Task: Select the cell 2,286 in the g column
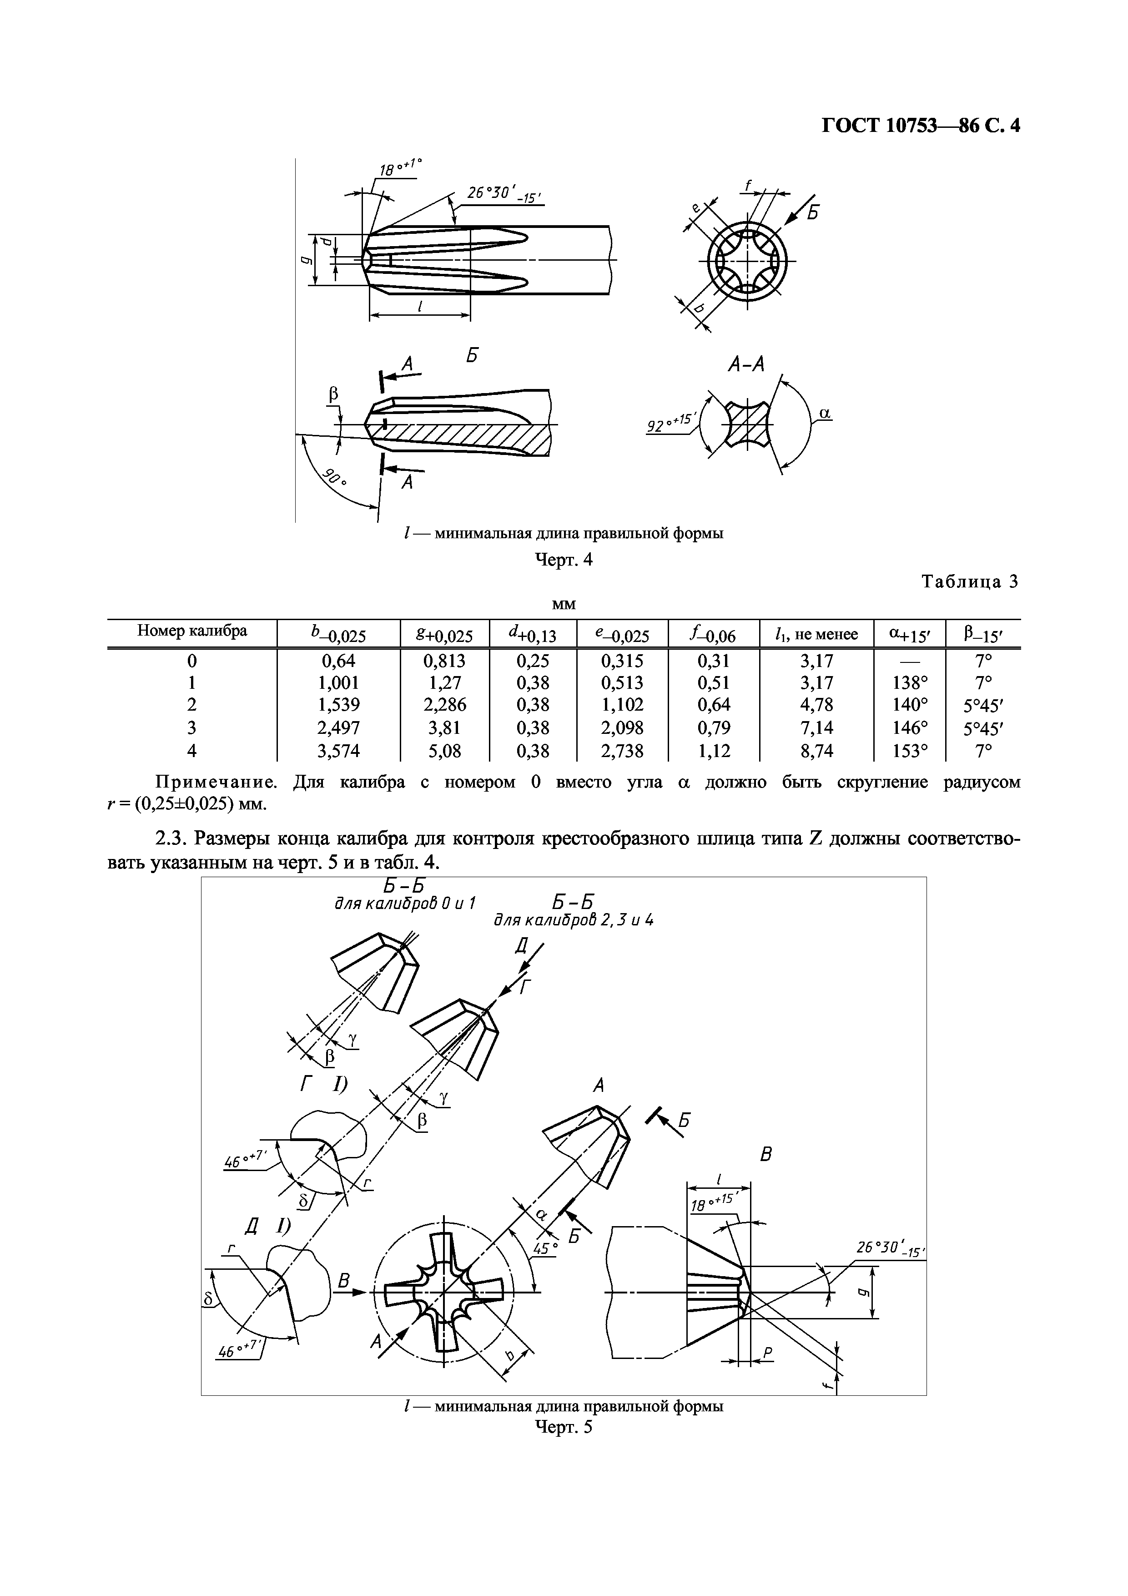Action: pyautogui.click(x=445, y=705)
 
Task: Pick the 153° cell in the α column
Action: pyautogui.click(x=909, y=751)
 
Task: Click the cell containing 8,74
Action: pyautogui.click(x=816, y=751)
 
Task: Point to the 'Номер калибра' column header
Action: pyautogui.click(x=192, y=631)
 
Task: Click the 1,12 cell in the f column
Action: pyautogui.click(x=713, y=751)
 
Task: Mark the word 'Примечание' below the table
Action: pyautogui.click(x=216, y=782)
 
